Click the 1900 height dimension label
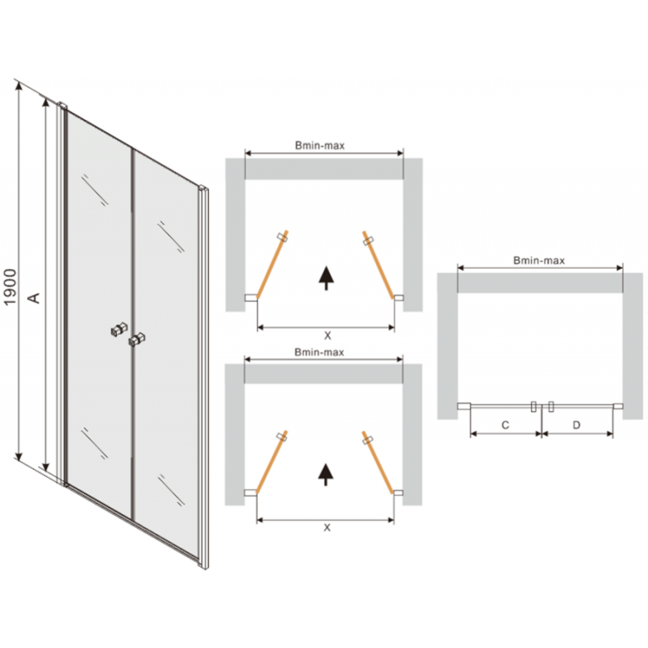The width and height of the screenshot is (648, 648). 10,287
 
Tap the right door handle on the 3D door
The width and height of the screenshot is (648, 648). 135,339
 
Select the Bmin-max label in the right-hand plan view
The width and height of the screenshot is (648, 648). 539,261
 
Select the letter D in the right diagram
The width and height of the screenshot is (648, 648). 576,424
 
